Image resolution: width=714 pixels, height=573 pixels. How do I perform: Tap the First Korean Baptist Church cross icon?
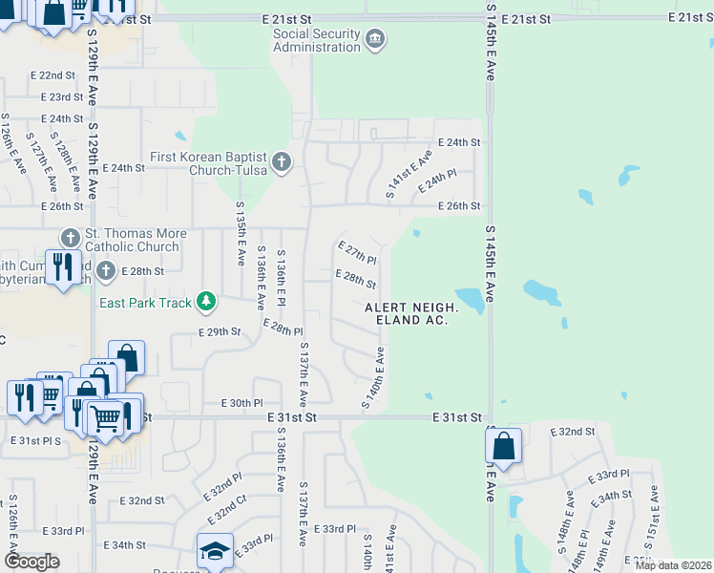(x=281, y=161)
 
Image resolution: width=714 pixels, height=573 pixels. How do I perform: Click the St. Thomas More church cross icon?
(x=71, y=237)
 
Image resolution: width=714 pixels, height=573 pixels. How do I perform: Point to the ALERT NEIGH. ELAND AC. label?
(x=411, y=313)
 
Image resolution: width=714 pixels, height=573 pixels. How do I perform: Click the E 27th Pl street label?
(x=357, y=252)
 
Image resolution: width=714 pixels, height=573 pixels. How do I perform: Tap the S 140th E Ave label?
(x=372, y=379)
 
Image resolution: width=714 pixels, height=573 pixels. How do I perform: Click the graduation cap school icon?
(x=215, y=551)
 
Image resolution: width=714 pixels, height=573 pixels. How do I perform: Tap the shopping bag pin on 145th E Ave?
(x=503, y=445)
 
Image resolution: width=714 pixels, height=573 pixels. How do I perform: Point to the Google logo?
(x=31, y=561)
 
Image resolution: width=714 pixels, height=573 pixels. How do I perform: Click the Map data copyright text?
(x=673, y=565)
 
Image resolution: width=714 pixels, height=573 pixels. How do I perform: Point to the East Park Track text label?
(x=146, y=303)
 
